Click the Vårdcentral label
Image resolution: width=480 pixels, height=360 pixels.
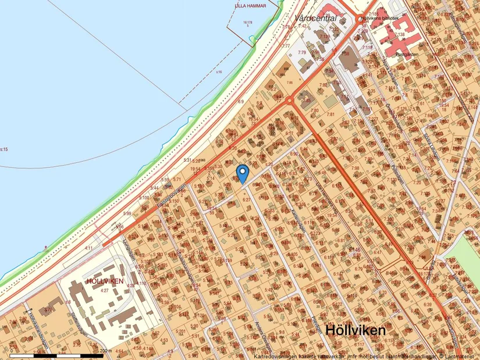316,19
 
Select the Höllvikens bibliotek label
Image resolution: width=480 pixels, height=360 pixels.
380,19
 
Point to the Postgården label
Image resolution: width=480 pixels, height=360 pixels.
390,54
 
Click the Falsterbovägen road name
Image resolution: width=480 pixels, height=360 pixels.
171,197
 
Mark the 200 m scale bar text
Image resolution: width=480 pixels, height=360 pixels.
105,351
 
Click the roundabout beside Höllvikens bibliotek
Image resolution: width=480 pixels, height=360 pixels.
360,19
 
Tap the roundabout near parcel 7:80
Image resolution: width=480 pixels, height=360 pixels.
289,101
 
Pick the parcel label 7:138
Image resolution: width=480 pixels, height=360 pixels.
399,35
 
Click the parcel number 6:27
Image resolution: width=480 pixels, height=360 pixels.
246,199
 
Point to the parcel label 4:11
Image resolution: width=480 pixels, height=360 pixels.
88,248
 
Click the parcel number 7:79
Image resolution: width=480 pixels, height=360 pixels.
302,53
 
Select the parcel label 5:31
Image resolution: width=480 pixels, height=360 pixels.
187,160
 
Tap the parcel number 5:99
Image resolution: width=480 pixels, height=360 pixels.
127,213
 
